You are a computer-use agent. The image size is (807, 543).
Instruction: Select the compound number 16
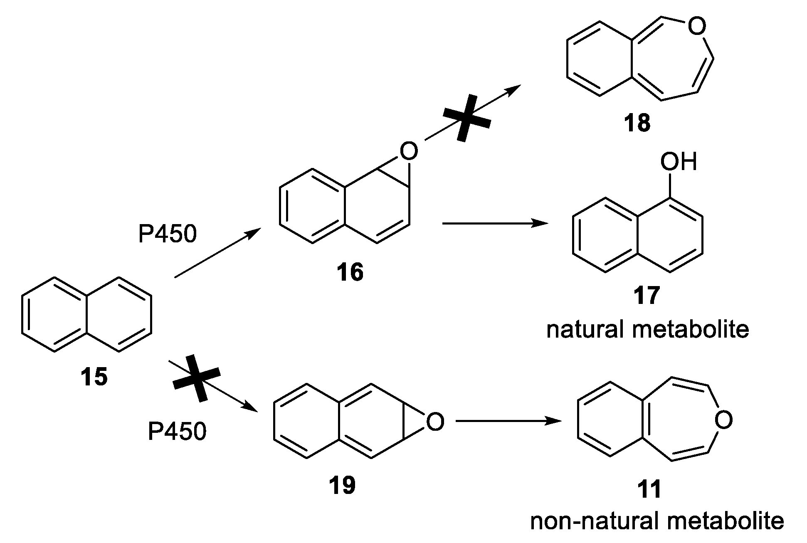[350, 272]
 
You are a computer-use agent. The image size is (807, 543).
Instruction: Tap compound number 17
[647, 296]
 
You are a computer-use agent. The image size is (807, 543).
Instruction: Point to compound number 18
[637, 123]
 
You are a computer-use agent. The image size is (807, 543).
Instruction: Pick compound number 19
[342, 485]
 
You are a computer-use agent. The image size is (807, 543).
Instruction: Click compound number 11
[649, 489]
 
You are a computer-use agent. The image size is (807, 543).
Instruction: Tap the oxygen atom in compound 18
[697, 27]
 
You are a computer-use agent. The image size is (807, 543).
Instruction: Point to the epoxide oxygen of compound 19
[435, 422]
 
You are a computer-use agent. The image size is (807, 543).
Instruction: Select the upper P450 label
[167, 235]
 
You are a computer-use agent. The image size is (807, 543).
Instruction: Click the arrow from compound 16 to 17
[495, 224]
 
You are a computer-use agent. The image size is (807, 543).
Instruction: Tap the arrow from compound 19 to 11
[508, 421]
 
